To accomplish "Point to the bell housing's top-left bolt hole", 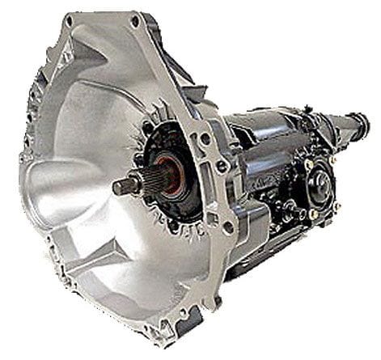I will [x=71, y=17].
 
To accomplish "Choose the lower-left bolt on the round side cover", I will [x=311, y=214].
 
